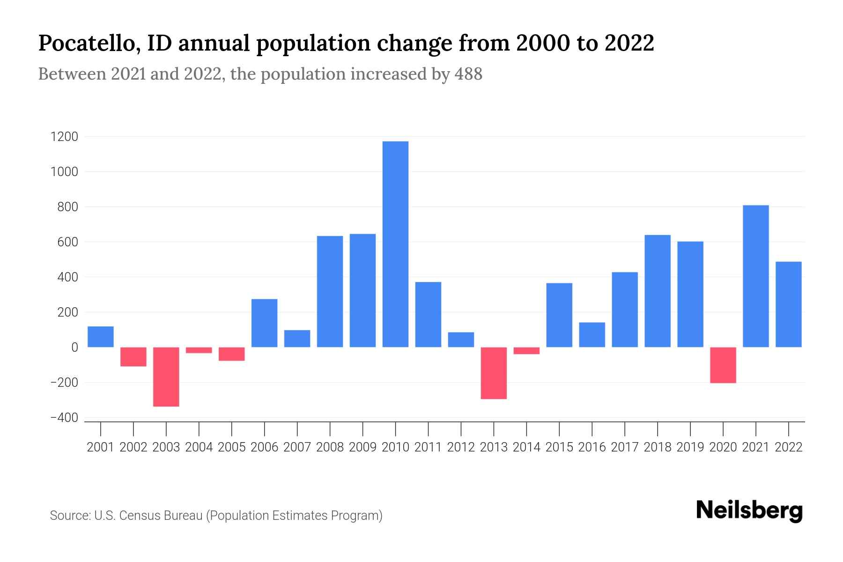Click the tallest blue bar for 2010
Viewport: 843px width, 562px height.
[395, 244]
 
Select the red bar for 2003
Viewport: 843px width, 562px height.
[166, 377]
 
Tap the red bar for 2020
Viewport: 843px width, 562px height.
[723, 365]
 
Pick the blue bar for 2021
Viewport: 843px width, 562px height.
[755, 276]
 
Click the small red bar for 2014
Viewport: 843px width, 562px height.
[526, 351]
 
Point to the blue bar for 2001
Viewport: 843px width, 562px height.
[101, 337]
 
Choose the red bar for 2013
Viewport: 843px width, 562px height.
[494, 373]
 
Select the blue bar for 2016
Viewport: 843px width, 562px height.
[592, 334]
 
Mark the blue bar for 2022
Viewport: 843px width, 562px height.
[789, 304]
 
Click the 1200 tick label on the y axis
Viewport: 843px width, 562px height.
[65, 137]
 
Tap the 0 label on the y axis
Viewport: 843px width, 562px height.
[74, 348]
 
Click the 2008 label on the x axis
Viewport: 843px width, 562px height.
[330, 447]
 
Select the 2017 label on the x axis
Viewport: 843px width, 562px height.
[625, 447]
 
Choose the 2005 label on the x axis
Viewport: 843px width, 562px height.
[232, 447]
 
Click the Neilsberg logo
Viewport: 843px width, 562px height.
[749, 510]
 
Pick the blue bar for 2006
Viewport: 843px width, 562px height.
[264, 323]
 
